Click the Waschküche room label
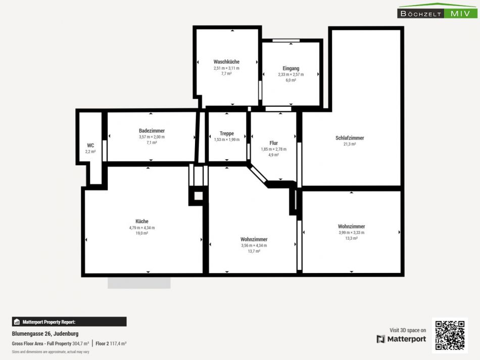pos(226,62)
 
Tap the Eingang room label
pos(291,68)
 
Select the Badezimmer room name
pos(152,131)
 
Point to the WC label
pos(90,145)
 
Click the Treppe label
pos(227,133)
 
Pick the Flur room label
pos(274,143)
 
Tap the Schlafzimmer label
pos(350,138)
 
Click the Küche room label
pos(142,221)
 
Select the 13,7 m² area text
pos(254,251)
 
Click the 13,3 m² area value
pos(352,238)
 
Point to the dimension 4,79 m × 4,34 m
pos(142,228)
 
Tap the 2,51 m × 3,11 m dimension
pos(226,68)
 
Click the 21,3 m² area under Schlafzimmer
pos(350,144)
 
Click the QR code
pos(450,335)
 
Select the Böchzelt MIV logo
pos(438,11)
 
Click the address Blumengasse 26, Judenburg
pos(45,334)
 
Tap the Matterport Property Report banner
pos(69,322)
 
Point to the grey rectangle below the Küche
pos(139,283)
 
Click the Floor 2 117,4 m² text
pos(111,344)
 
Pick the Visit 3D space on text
pos(408,330)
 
